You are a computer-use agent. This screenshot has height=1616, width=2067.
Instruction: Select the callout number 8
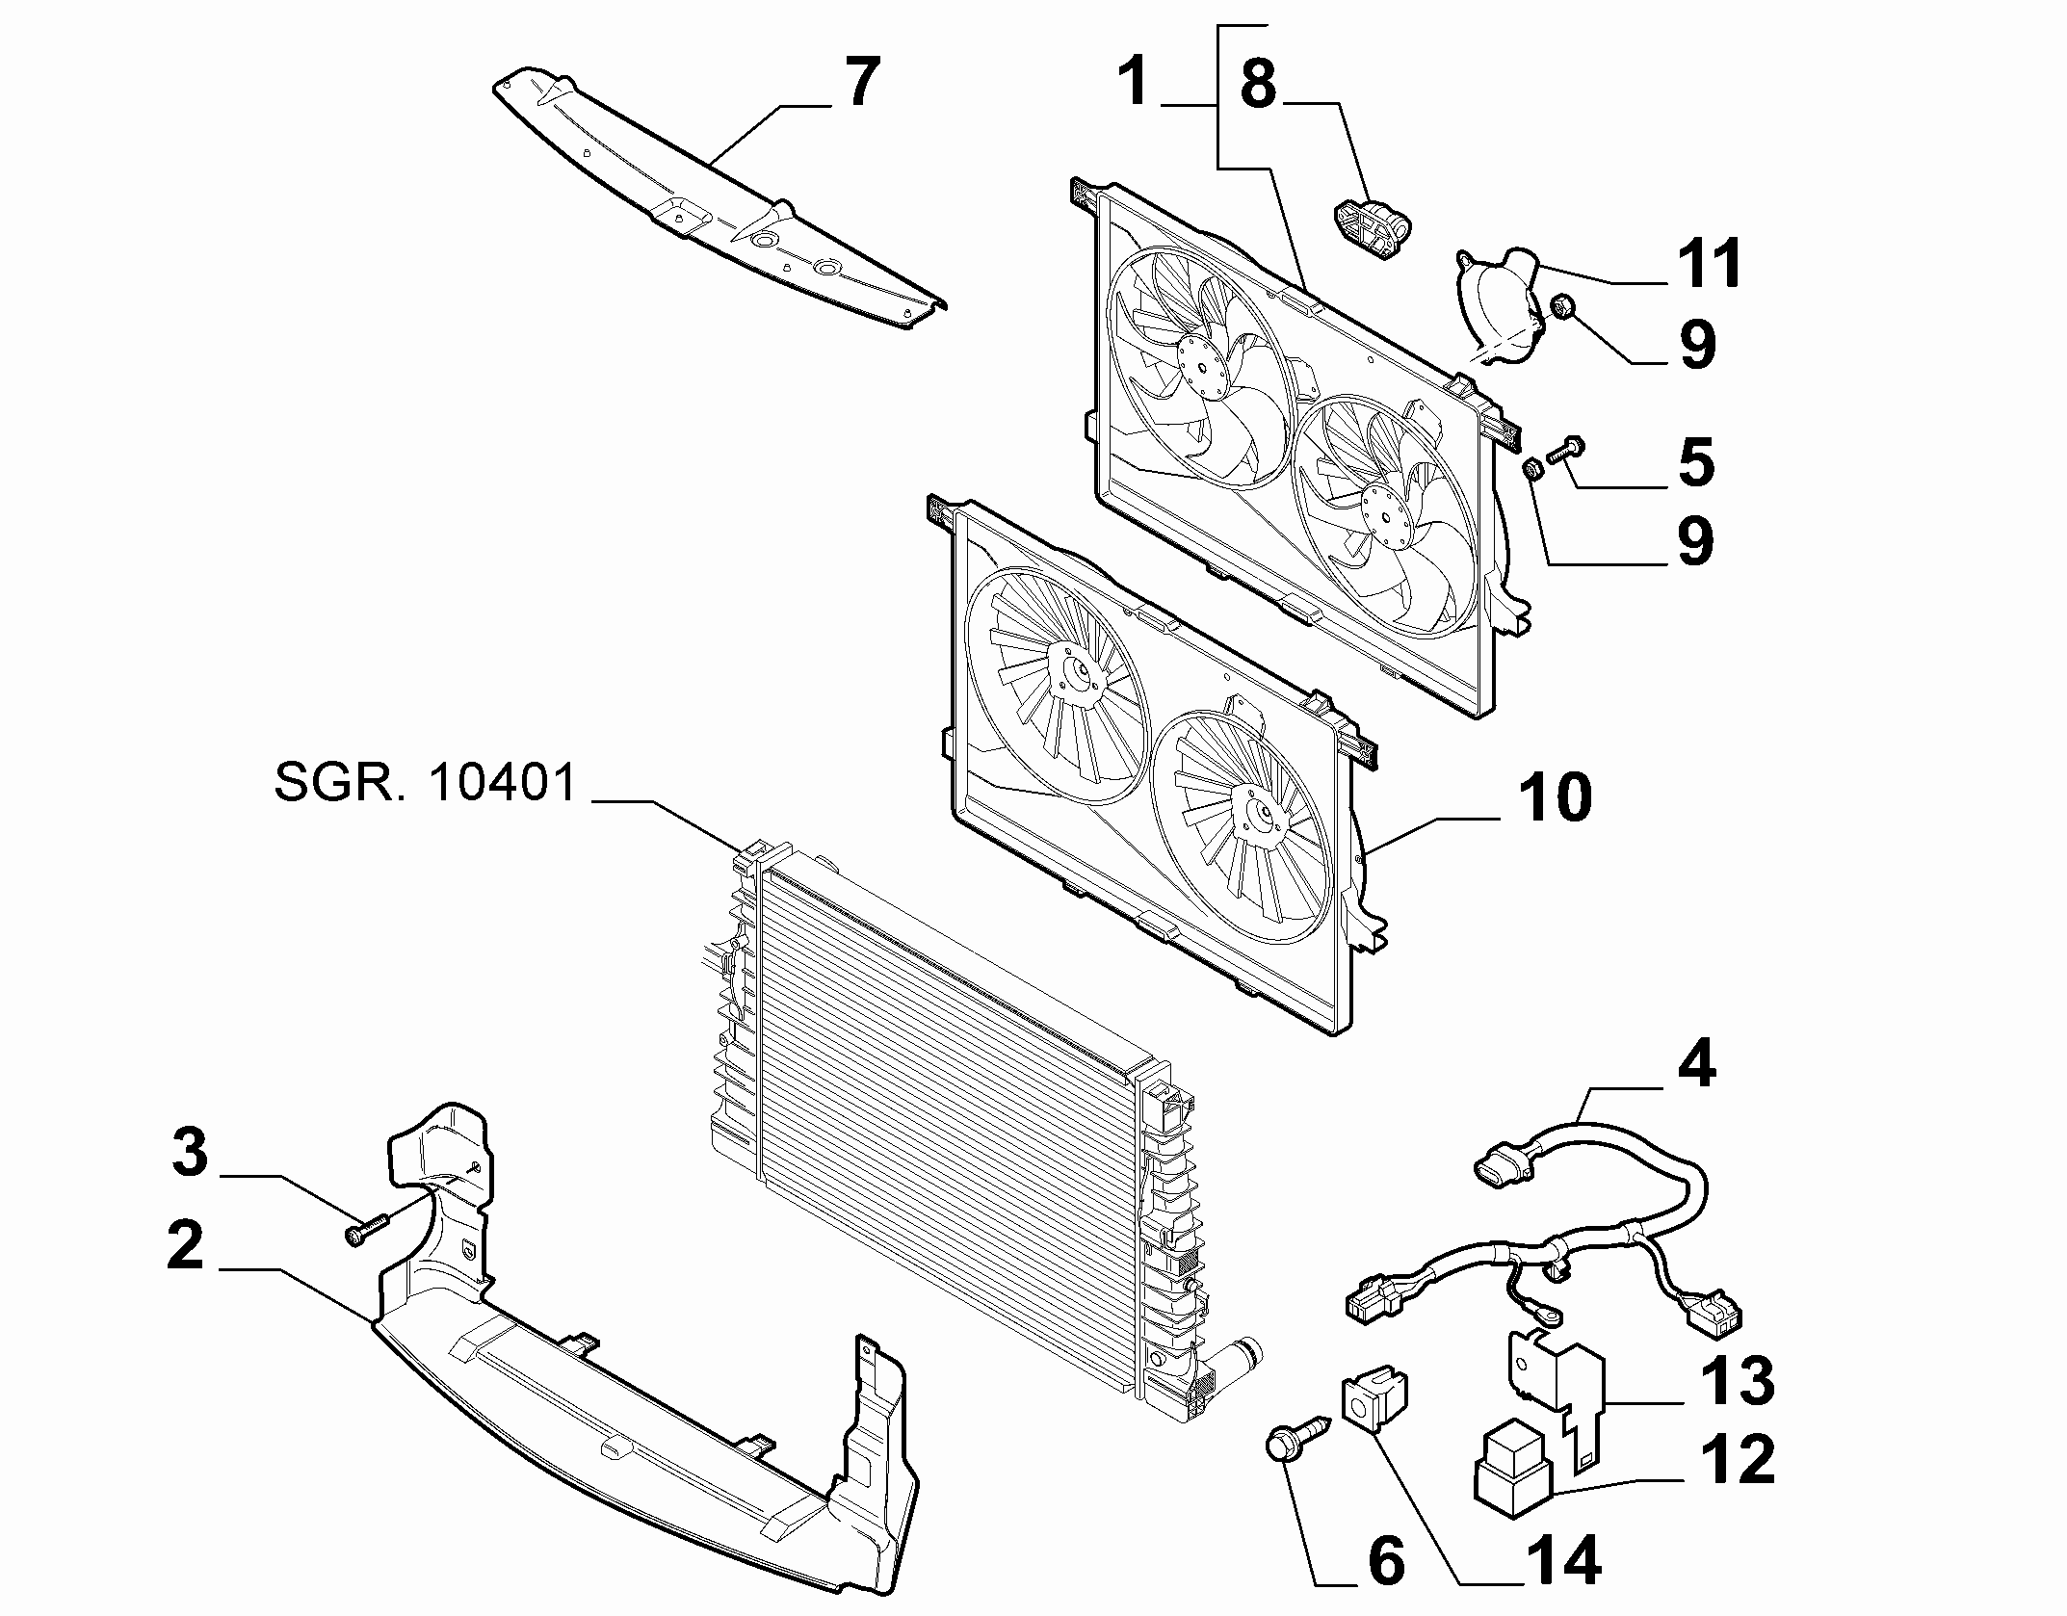(1258, 84)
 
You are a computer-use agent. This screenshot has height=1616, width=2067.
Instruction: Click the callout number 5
(1697, 461)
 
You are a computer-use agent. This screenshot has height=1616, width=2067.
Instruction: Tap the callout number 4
(1696, 1066)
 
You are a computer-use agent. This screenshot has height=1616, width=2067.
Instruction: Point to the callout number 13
(1741, 1379)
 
